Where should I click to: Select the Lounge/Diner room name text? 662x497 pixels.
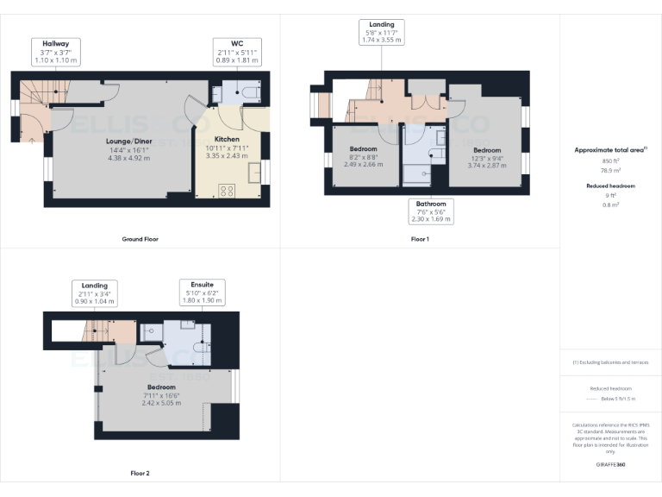(128, 140)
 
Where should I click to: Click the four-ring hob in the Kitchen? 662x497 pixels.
(228, 192)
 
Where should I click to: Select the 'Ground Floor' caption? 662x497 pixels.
(140, 239)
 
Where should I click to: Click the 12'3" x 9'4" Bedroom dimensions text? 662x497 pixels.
(486, 157)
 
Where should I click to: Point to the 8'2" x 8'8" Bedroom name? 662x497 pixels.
(363, 149)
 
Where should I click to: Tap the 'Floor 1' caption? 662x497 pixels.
(420, 239)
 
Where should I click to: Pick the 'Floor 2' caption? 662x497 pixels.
(140, 474)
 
